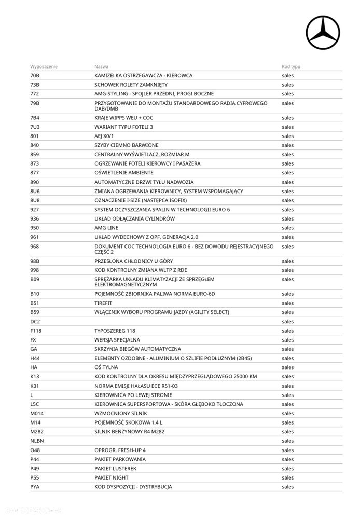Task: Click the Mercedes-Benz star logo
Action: tap(323, 33)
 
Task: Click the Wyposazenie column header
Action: tap(44, 66)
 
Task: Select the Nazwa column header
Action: tap(101, 66)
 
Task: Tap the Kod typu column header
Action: tap(291, 66)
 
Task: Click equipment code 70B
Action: tap(35, 76)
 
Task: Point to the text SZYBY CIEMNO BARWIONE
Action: tap(126, 145)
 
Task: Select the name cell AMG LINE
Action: tap(106, 228)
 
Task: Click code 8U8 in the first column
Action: tap(35, 200)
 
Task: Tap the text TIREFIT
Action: tap(103, 303)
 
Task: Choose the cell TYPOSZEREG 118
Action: tap(115, 331)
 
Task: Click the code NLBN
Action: tap(37, 441)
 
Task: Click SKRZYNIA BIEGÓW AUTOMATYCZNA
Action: tap(137, 349)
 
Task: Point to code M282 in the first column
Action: tap(37, 432)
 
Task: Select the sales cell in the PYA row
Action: tap(287, 487)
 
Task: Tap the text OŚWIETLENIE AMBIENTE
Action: tap(123, 173)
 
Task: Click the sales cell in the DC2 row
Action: tap(287, 322)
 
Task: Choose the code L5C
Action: tap(35, 404)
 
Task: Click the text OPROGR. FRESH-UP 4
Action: tap(120, 450)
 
